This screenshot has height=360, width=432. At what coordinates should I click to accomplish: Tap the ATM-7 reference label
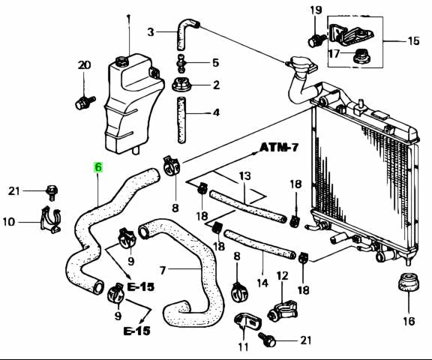pos(279,147)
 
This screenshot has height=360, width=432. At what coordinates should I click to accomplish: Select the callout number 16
pos(408,322)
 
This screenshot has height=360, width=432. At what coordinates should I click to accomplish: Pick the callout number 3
pos(151,32)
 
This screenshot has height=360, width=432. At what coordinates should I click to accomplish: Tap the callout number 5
pos(215,63)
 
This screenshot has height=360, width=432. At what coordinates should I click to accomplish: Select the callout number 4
pos(215,113)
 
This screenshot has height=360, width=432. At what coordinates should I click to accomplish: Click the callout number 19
pos(316,10)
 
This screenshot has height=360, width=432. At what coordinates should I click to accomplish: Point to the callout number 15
pos(413,40)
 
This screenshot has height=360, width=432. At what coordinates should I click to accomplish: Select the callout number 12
pos(283,277)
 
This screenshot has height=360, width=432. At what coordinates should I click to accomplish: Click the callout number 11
pos(241,346)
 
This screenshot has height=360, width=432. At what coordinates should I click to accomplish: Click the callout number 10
pos(9,221)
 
